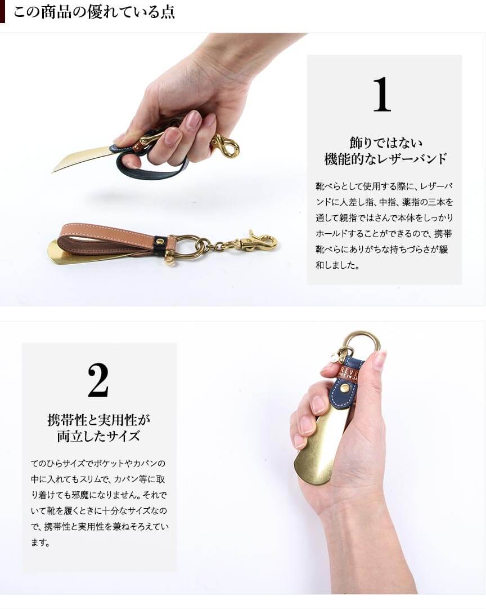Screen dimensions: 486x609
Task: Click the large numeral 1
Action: pos(382,94)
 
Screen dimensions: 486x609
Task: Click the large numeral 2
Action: pos(98,380)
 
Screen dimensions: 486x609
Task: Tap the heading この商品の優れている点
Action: pos(94,12)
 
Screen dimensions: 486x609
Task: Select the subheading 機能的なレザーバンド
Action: pos(385,159)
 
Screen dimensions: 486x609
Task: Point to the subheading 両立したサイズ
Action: pos(98,436)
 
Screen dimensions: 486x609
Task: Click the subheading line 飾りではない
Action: pos(385,143)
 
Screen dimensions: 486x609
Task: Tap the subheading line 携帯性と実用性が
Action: pos(98,420)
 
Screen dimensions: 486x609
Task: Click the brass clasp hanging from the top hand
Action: pos(225,146)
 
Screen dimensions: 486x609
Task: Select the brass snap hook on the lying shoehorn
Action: pos(259,241)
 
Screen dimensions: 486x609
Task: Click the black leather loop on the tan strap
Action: pos(160,242)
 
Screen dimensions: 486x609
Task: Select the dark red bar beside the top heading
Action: pos(2,12)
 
